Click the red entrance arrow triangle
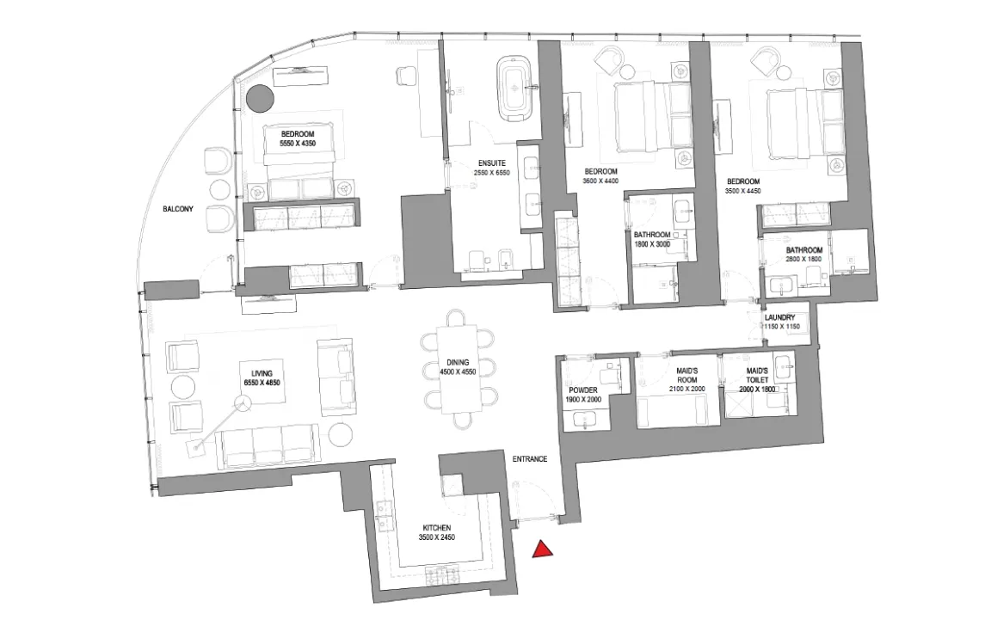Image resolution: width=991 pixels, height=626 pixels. [x=541, y=550]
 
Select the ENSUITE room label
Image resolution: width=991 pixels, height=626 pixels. [x=492, y=162]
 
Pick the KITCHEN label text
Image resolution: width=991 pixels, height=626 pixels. [x=437, y=528]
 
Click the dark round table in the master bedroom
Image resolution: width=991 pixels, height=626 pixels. [x=259, y=99]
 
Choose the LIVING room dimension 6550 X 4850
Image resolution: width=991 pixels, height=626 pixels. [x=262, y=382]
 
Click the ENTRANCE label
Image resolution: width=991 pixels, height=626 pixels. [x=530, y=459]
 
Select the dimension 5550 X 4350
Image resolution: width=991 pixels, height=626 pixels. [x=297, y=145]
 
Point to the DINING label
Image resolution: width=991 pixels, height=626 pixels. [x=458, y=363]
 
